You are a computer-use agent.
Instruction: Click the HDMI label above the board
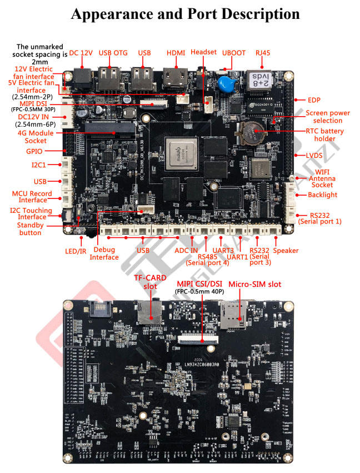(176, 53)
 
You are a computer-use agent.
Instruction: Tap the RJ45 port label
(262, 53)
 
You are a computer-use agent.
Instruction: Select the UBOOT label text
(233, 53)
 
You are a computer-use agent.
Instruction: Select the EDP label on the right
(315, 100)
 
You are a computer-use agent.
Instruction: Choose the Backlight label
(323, 195)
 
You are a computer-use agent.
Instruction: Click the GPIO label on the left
(36, 151)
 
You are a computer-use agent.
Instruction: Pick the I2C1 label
(38, 165)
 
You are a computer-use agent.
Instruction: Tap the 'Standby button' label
(29, 229)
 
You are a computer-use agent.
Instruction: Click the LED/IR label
(76, 251)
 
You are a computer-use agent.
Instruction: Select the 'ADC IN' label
(186, 251)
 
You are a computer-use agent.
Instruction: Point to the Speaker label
(286, 251)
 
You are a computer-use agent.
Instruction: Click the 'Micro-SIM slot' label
(255, 284)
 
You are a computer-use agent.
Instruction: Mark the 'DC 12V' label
(81, 53)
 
